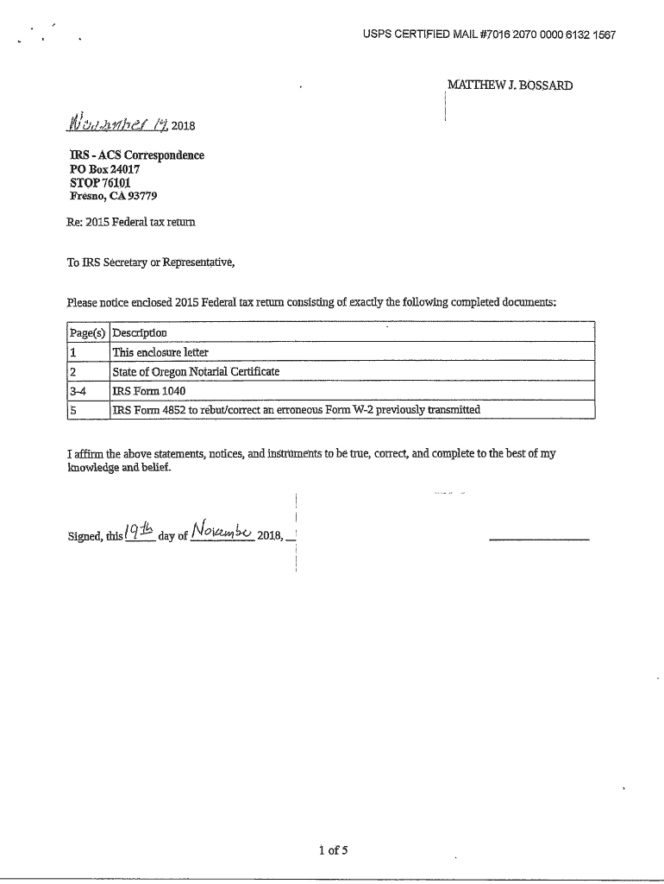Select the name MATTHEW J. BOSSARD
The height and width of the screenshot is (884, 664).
[510, 85]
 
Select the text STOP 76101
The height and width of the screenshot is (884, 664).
[99, 183]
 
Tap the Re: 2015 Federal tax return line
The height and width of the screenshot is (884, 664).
[130, 222]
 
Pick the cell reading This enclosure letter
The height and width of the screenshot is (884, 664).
[160, 352]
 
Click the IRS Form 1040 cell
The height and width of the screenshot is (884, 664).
[148, 391]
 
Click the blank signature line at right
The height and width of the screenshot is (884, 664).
[538, 540]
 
